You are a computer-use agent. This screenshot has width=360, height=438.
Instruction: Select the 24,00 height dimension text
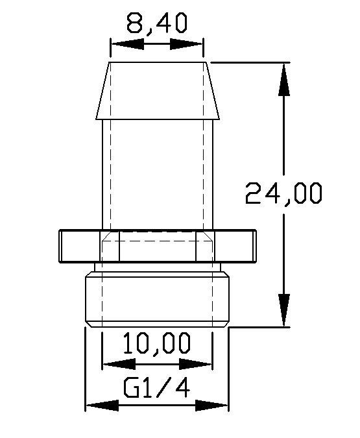click(x=283, y=193)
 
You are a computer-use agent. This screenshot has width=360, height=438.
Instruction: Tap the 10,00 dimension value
click(x=157, y=343)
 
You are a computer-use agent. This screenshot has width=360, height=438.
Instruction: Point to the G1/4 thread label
click(x=157, y=387)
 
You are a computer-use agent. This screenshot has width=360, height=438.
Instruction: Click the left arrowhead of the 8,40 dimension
click(x=127, y=44)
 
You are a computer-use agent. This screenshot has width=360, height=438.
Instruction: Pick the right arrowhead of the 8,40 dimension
click(x=186, y=44)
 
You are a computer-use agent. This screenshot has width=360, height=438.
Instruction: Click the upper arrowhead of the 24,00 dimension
click(x=284, y=80)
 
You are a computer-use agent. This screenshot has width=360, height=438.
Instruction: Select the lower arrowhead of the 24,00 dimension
click(x=284, y=310)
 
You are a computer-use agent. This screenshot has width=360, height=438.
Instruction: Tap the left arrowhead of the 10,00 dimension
click(x=119, y=364)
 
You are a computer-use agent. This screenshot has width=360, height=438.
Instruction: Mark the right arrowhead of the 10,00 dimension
click(x=195, y=364)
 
